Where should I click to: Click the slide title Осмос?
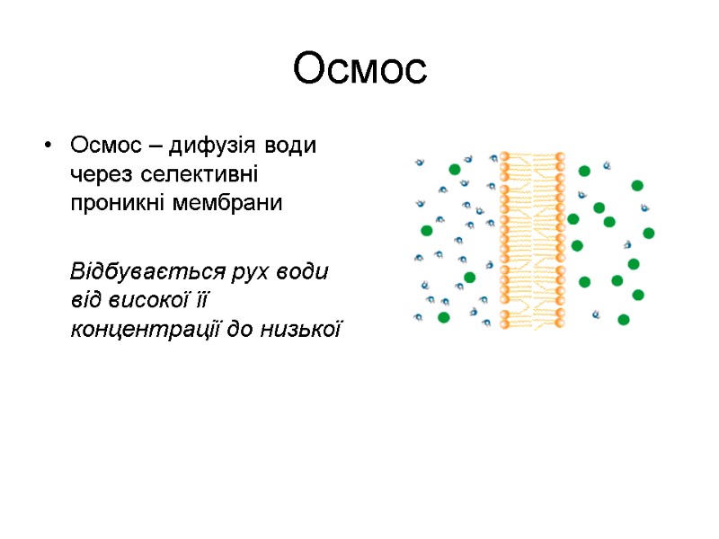coord(359,69)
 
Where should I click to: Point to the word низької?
coord(301,330)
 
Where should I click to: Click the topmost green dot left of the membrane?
coord(455,169)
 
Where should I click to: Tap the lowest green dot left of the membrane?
coord(443,317)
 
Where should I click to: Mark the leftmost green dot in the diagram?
coord(427,230)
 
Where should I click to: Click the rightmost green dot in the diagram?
coord(649,234)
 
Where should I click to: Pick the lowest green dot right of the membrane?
coord(624,319)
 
